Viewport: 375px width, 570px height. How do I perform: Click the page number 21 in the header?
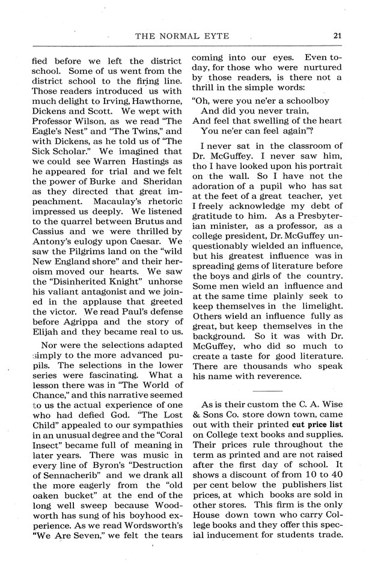(x=338, y=35)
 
